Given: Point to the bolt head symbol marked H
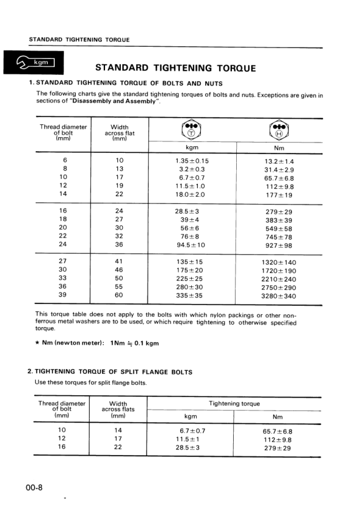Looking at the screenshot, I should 278,131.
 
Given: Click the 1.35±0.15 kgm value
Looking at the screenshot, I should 192,161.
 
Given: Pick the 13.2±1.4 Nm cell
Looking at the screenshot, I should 279,161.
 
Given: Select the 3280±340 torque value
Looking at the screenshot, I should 279,296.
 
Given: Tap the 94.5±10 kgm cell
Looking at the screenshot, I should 192,245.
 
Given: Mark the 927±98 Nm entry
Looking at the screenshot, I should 279,246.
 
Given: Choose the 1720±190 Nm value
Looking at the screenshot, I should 279,271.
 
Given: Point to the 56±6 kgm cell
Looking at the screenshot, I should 192,228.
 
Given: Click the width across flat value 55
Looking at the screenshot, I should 119,287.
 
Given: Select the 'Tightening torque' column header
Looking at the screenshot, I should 234,404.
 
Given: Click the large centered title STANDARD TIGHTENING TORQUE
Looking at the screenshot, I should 175,68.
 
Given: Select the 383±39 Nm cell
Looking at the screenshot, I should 279,220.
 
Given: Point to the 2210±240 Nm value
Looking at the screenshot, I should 279,279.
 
